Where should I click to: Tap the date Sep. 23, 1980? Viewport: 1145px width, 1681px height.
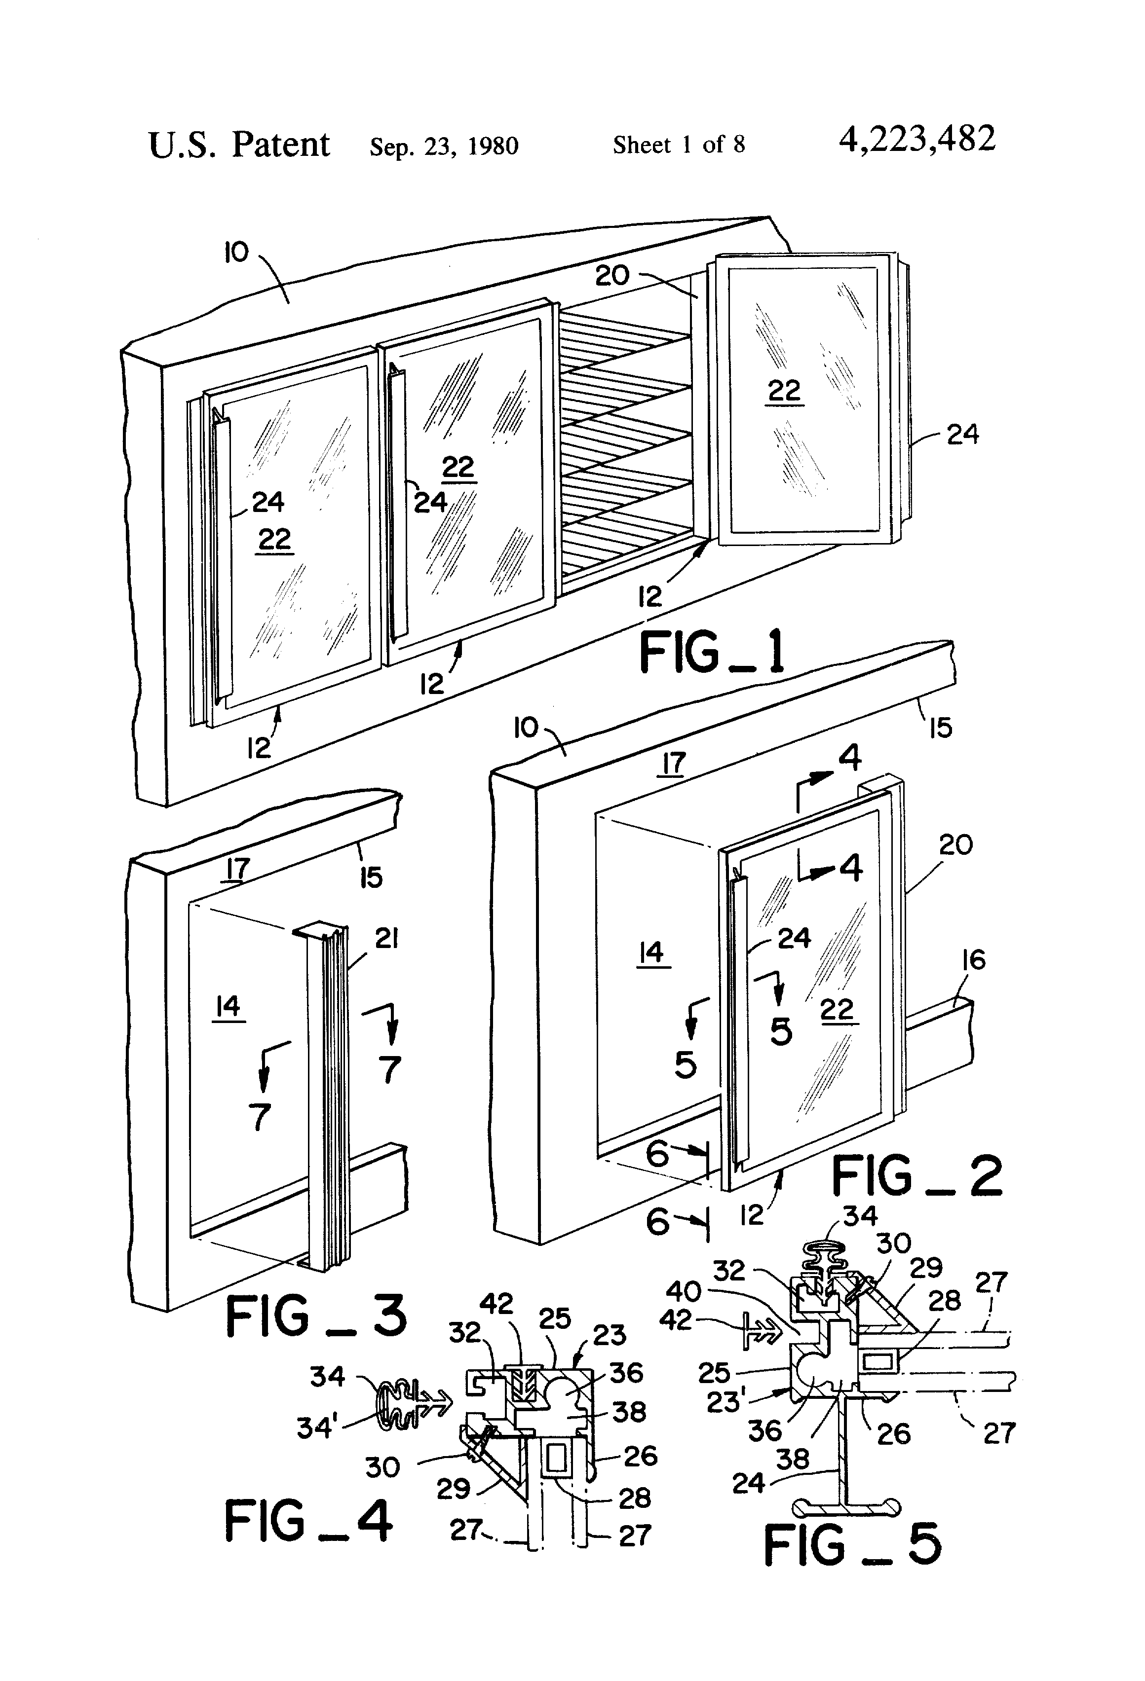444,146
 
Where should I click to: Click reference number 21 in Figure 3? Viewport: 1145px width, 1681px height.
386,939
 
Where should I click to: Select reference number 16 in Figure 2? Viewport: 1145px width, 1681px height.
973,960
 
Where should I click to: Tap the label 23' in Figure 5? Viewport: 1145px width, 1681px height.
725,1402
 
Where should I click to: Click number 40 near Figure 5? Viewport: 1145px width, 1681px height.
683,1291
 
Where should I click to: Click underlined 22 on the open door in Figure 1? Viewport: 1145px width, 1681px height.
784,391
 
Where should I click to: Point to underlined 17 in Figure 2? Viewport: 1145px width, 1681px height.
673,763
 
